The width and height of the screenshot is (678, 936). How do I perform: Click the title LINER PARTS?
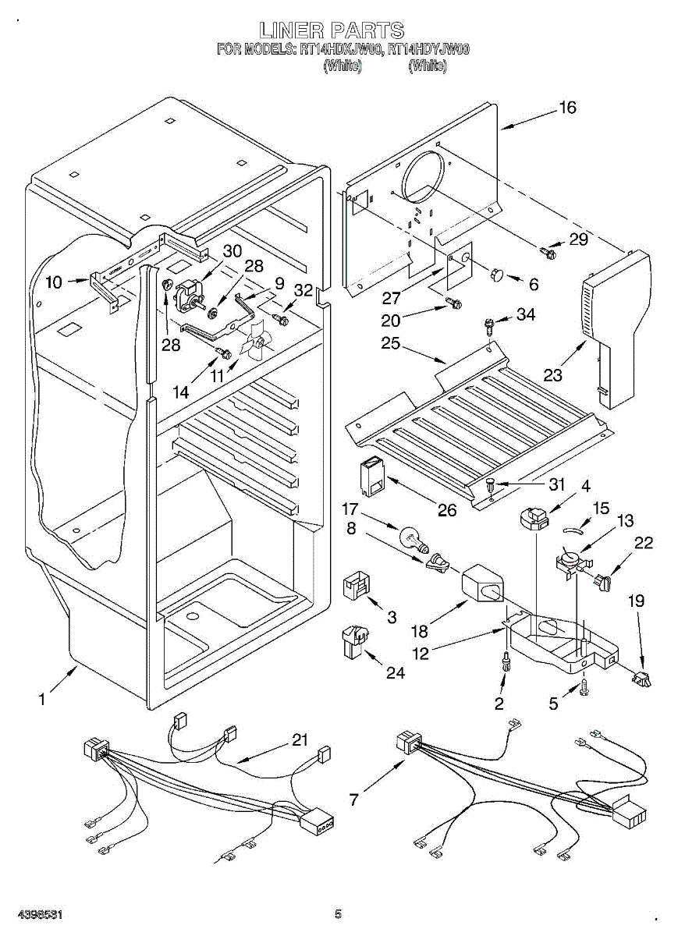tap(332, 31)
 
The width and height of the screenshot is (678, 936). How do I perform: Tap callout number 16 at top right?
tap(567, 108)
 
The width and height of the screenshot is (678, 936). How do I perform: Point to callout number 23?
tap(552, 375)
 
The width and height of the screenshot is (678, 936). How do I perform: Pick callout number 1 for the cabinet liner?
tap(42, 700)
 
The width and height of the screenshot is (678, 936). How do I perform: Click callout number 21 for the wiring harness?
tap(300, 740)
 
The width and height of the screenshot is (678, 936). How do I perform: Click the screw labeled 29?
tap(548, 251)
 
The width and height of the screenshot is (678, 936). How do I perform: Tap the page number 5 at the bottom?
tap(338, 913)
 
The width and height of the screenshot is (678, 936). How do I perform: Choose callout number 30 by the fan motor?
tap(232, 251)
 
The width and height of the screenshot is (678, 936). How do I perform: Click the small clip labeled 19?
tap(641, 680)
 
